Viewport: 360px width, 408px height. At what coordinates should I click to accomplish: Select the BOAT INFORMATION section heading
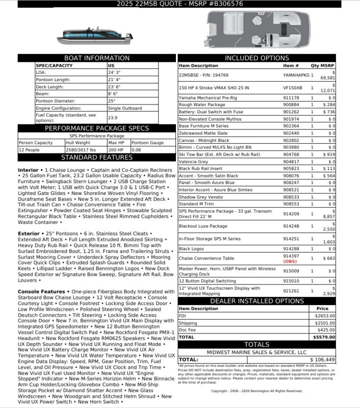(97, 58)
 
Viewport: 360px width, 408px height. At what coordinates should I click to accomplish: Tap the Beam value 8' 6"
(114, 94)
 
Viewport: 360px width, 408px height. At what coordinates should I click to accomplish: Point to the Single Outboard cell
(125, 108)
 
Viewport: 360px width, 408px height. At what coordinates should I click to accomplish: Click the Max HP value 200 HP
(116, 150)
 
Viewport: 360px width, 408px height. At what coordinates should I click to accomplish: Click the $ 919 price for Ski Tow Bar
(328, 154)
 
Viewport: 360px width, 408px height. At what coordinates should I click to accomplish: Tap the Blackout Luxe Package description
(203, 226)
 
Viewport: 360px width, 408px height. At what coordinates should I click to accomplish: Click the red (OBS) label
(290, 262)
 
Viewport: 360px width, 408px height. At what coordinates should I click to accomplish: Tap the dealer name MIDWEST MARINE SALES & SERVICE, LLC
(256, 352)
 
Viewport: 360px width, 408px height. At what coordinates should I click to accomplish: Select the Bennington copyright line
(256, 391)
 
